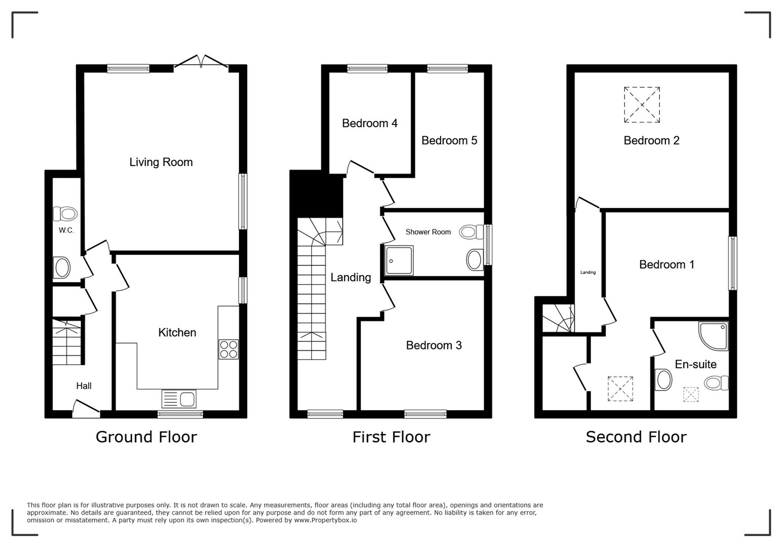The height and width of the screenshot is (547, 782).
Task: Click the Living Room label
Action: pos(161,162)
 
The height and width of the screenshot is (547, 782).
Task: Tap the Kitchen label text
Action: pos(177,332)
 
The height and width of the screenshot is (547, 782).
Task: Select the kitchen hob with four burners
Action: pos(228,349)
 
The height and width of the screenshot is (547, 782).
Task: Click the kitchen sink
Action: pos(179,399)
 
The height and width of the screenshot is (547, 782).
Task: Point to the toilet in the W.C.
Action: pos(65,214)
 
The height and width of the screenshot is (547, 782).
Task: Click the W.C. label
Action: pos(66,230)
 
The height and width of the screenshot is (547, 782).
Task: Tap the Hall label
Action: pos(84,386)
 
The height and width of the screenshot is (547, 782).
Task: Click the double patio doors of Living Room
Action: pos(201,62)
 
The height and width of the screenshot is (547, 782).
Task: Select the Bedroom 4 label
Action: pos(369,123)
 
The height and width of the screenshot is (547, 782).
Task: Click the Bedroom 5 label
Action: pos(449,140)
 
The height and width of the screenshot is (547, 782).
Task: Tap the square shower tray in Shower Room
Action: pos(399,260)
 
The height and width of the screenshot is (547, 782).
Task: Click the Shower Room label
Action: pos(428,232)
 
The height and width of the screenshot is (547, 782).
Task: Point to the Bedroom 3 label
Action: pos(434,345)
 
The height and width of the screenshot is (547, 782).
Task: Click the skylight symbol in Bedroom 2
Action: pos(642,105)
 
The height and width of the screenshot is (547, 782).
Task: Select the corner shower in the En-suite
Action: pos(714,335)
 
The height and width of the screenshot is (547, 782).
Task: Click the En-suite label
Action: pos(695,364)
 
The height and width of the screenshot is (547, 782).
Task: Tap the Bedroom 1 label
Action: pos(667,264)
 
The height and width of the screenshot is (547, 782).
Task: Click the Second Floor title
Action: pos(636,437)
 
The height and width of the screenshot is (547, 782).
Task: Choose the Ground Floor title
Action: pos(146,437)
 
